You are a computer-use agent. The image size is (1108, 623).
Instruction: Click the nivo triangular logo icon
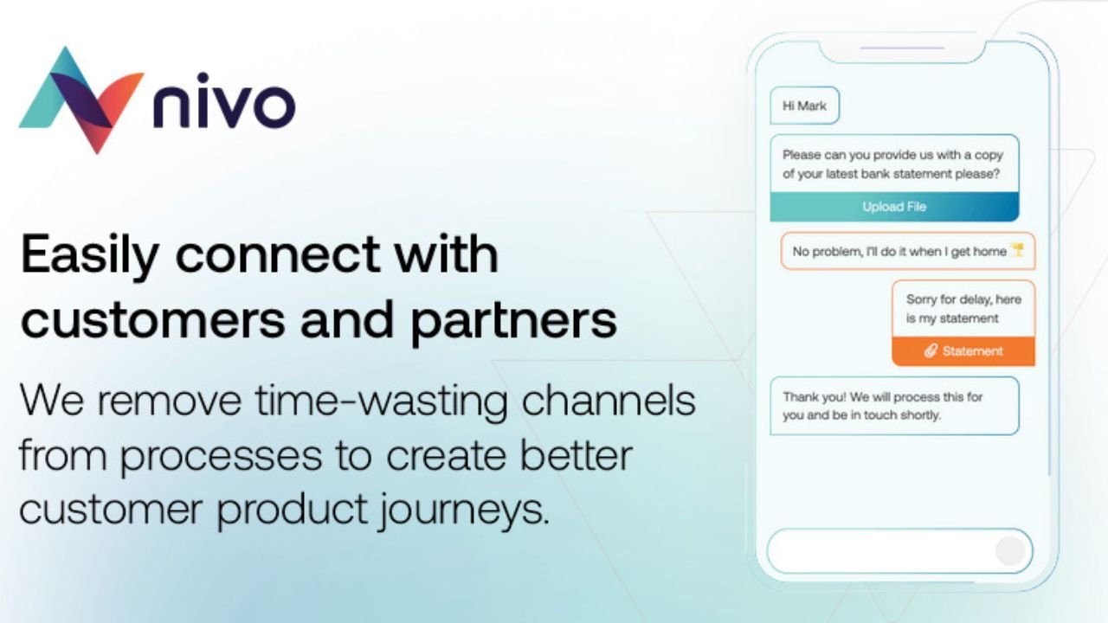coord(81,100)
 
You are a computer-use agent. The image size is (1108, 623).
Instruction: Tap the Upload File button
coord(894,207)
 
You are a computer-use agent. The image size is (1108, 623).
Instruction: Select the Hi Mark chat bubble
coord(804,106)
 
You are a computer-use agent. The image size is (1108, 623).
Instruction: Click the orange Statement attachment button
coord(963,351)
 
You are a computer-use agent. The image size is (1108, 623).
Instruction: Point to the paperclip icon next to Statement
coord(931,351)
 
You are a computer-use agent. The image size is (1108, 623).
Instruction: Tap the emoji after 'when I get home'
coord(1018,252)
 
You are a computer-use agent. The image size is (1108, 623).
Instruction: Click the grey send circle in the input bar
coord(1009,551)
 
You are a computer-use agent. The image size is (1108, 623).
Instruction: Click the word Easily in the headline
coord(89,255)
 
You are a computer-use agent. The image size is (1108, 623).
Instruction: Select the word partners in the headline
coord(513,320)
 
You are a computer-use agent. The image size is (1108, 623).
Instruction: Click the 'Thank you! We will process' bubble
coord(893,406)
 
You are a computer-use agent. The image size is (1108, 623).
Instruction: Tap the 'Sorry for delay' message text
coord(963,309)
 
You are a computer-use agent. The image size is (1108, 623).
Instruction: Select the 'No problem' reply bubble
coord(907,252)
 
